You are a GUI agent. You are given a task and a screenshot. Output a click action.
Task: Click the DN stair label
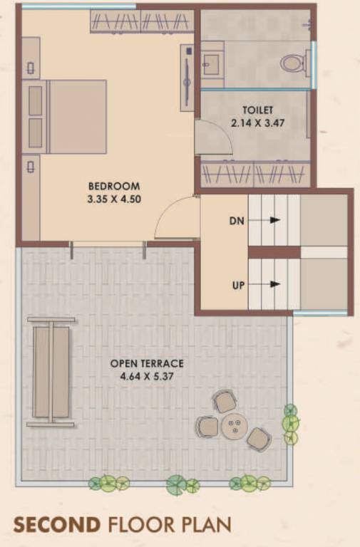pyautogui.click(x=237, y=222)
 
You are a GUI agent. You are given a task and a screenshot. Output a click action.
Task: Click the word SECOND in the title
pyautogui.click(x=57, y=526)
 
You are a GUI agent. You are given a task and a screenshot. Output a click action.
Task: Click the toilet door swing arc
pyautogui.click(x=215, y=137)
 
